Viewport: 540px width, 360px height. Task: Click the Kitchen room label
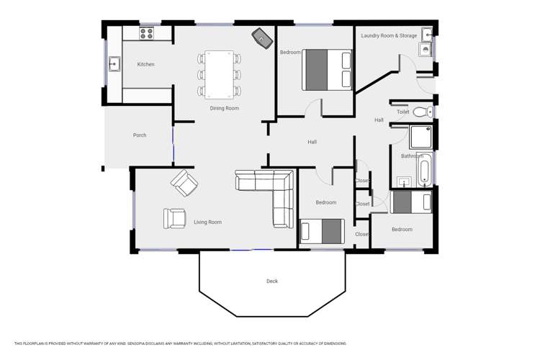click(145, 65)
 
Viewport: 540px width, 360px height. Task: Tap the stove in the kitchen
click(147, 32)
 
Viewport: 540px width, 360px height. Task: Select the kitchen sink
click(114, 65)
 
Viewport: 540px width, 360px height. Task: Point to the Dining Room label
click(224, 109)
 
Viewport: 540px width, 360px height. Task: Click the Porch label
click(140, 135)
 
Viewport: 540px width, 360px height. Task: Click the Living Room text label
click(207, 222)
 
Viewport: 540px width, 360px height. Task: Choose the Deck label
click(271, 282)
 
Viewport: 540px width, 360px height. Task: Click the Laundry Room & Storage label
click(389, 35)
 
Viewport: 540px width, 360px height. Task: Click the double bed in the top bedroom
click(328, 70)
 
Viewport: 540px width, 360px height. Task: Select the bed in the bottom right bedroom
click(411, 203)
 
